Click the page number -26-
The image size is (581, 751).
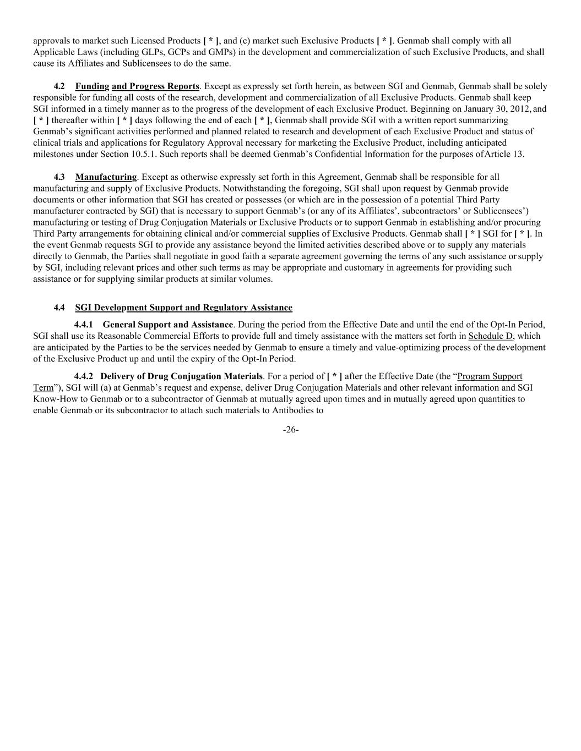coord(290,430)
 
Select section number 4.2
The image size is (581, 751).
coord(59,86)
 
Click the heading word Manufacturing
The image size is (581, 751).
coord(106,177)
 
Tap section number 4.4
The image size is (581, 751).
coord(59,308)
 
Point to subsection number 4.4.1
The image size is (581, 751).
coord(83,325)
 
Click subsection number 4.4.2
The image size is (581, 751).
coord(83,376)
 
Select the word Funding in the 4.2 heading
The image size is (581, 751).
coord(92,86)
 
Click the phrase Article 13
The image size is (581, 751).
coord(504,154)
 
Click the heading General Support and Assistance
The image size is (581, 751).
coord(167,325)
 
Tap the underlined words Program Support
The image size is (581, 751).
coord(490,376)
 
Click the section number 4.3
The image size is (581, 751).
coord(59,177)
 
